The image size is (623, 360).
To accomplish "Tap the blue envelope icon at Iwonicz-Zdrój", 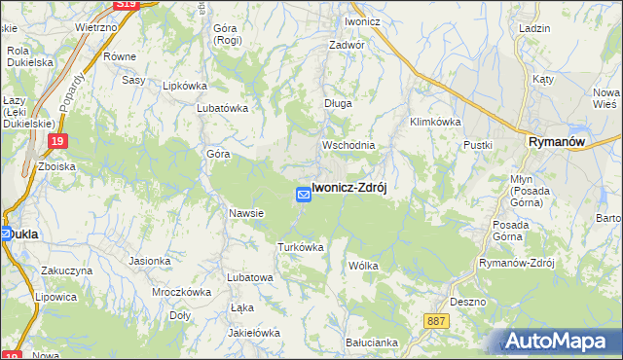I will [303, 196].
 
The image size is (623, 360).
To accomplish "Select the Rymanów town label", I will [556, 142].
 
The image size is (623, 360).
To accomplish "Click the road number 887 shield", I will [437, 320].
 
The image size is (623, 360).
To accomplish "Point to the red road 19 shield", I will [57, 142].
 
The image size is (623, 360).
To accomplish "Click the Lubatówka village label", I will [224, 109].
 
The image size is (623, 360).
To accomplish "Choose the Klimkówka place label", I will [435, 122].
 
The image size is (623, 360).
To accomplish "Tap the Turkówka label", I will [300, 247].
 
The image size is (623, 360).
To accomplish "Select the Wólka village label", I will [362, 265].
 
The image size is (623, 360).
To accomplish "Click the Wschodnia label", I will [348, 145].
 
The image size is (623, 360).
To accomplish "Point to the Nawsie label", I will [247, 213].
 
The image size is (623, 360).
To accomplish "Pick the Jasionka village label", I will [150, 261].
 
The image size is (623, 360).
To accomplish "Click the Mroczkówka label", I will [182, 291].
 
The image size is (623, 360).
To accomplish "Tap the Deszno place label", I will [468, 302].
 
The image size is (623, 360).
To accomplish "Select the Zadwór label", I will [347, 45].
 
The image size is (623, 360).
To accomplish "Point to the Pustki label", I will [478, 145].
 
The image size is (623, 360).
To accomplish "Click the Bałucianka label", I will [372, 342].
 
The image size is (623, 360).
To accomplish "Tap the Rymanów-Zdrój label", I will [517, 264].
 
